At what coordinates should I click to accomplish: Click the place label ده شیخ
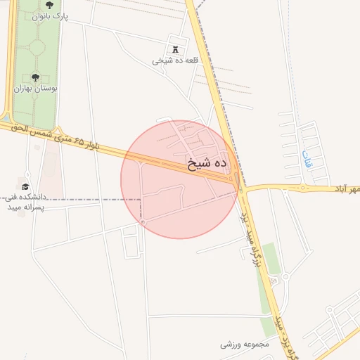(209, 164)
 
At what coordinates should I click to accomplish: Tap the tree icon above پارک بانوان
(49, 6)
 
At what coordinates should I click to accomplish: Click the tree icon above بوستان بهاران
(35, 78)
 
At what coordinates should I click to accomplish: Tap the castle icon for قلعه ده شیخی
(174, 49)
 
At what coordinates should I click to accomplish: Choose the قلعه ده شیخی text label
(176, 60)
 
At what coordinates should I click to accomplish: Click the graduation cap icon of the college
(26, 187)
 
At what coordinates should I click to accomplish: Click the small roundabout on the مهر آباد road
(303, 188)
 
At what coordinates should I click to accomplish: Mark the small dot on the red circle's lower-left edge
(143, 222)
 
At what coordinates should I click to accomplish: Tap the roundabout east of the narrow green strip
(285, 276)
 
